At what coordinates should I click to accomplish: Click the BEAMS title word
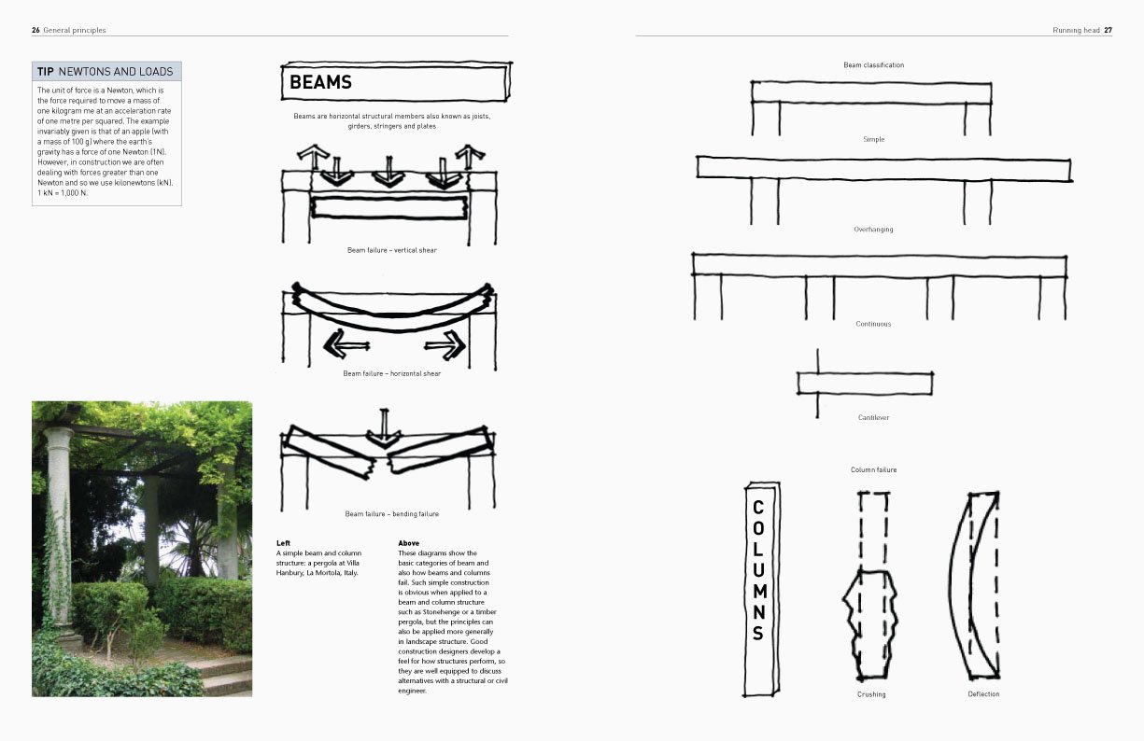click(x=320, y=82)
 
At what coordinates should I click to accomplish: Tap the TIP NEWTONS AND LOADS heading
click(x=106, y=72)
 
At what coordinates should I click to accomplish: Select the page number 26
click(x=35, y=30)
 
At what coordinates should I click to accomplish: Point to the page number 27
click(x=1108, y=30)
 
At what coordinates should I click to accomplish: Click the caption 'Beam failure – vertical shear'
click(x=391, y=250)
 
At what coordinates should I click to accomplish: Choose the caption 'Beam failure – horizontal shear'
click(x=391, y=373)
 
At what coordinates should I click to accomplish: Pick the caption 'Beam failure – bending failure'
click(x=391, y=514)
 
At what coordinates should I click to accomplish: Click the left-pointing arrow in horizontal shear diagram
click(x=346, y=345)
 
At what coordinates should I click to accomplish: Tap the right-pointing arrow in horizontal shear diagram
click(x=445, y=345)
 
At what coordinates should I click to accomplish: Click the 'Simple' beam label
click(x=873, y=139)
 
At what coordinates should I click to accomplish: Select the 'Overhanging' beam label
click(x=873, y=230)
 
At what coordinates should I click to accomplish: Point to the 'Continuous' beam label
click(x=873, y=324)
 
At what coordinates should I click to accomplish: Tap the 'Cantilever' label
click(x=873, y=417)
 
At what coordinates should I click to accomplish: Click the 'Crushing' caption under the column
click(x=871, y=694)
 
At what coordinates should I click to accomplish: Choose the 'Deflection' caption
click(x=983, y=694)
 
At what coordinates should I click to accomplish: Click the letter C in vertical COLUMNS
click(x=758, y=507)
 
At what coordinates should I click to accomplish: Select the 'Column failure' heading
click(x=873, y=469)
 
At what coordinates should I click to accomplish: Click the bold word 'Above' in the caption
click(x=408, y=542)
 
